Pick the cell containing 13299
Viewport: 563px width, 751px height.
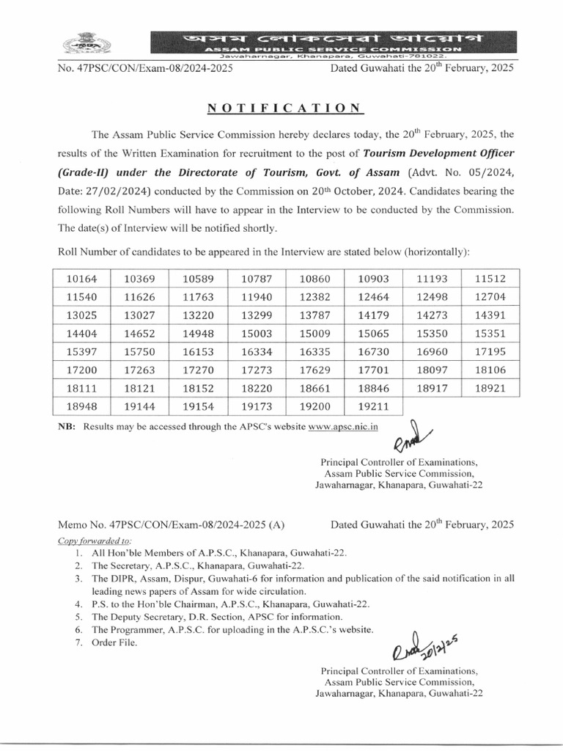[257, 315]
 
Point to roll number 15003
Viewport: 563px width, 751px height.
[257, 334]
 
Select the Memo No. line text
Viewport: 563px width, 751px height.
[172, 525]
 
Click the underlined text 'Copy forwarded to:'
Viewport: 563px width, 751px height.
[90, 541]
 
